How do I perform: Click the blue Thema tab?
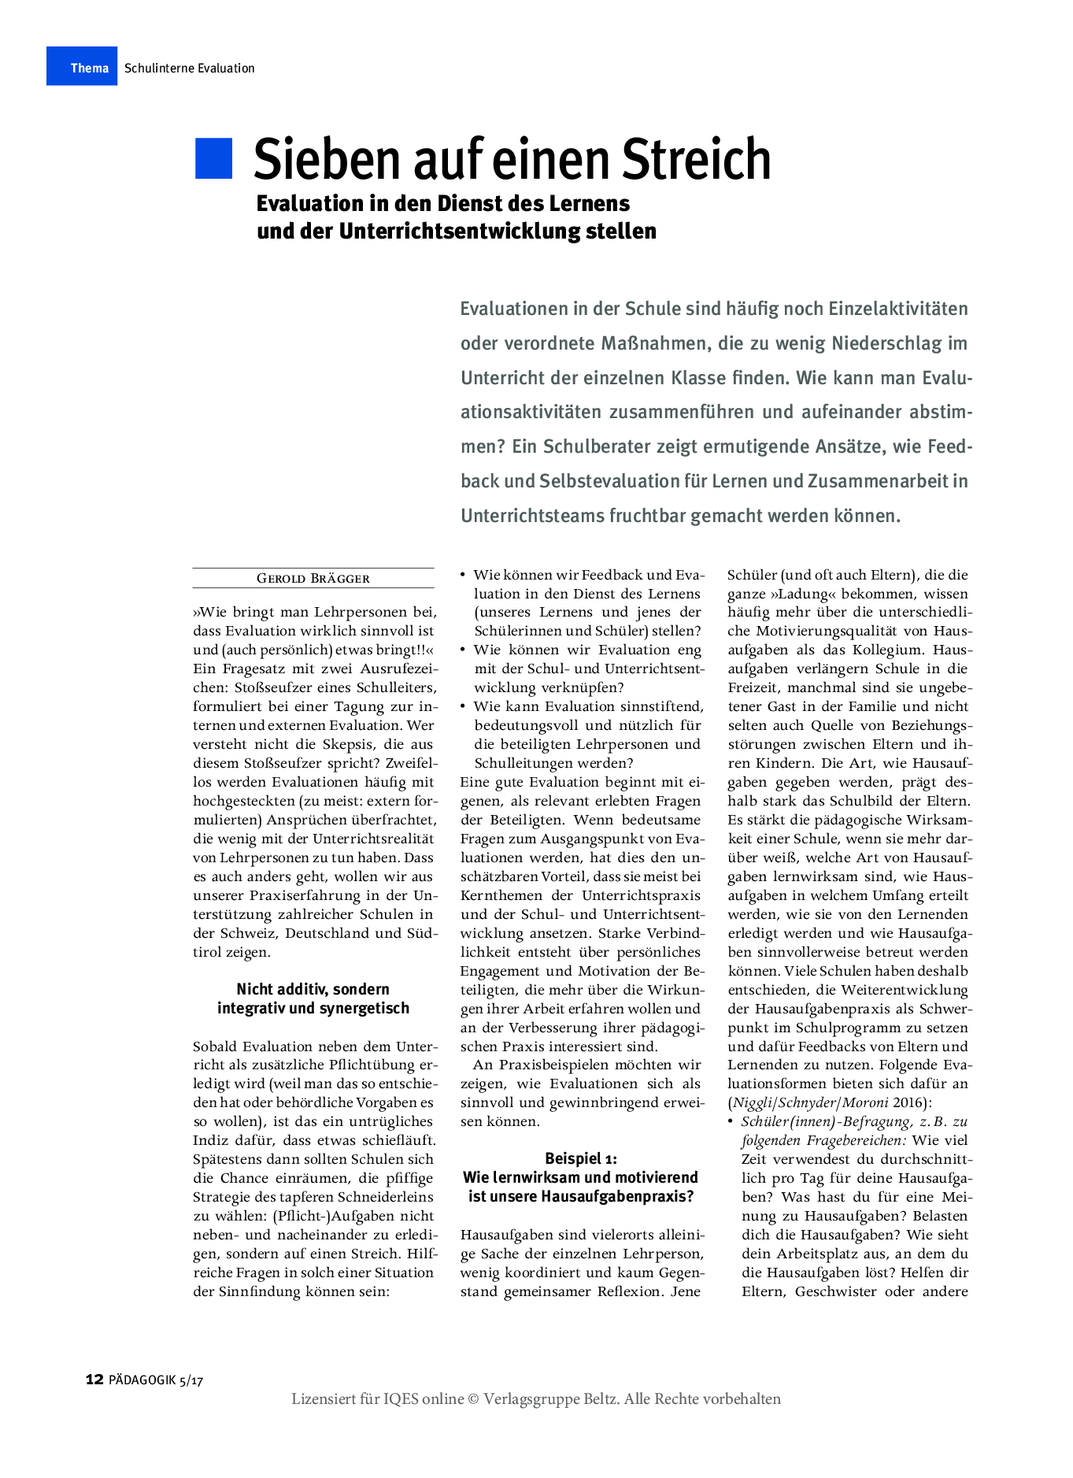pos(82,67)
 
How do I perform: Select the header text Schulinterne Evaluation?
pos(190,69)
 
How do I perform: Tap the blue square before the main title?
pos(213,158)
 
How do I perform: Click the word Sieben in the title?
pos(327,159)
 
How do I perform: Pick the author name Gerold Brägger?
pos(313,578)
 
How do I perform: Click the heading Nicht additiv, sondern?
pos(313,989)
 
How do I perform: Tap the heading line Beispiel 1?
pos(581,1158)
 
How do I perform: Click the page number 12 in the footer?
pos(94,1379)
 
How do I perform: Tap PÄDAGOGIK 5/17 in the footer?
pos(156,1380)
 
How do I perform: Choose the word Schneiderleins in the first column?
pos(382,1197)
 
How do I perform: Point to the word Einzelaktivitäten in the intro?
pos(897,309)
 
